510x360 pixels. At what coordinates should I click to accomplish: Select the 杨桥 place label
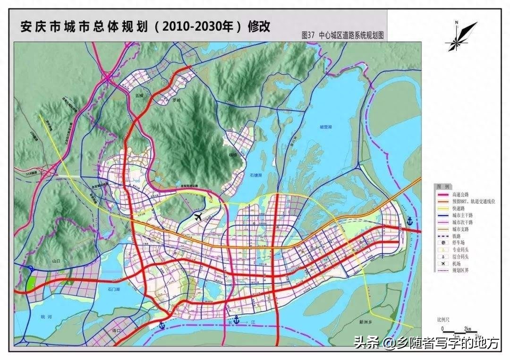230,154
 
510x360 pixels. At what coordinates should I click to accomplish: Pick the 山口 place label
57,260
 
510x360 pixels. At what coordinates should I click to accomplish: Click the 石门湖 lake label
115,289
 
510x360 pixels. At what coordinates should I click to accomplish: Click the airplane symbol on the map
198,217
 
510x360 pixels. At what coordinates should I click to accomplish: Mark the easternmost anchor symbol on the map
410,221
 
